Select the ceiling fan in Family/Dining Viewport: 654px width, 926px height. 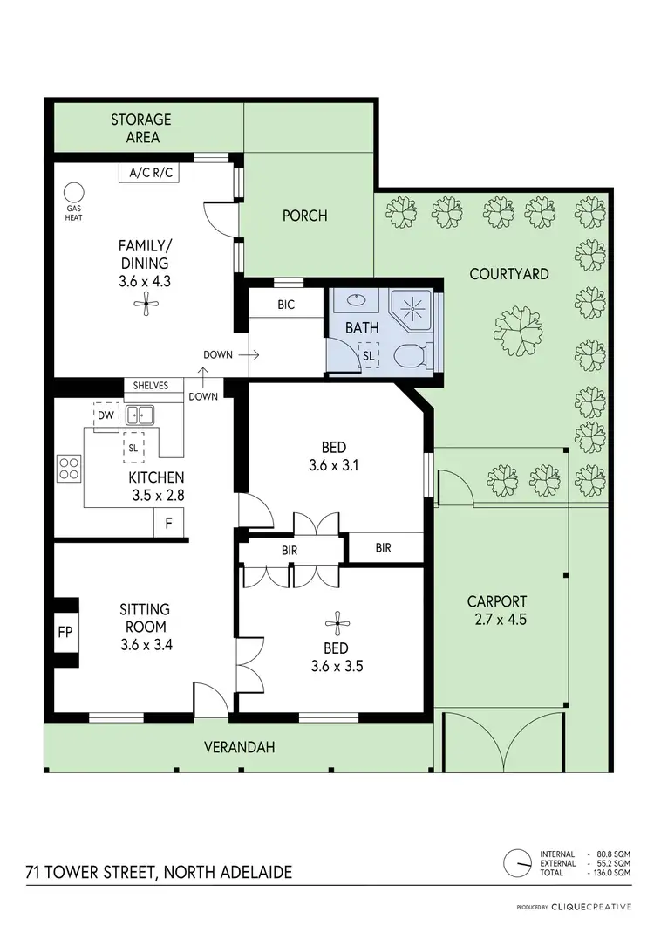(145, 304)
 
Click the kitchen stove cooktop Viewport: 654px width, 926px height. (70, 469)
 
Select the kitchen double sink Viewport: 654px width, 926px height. (140, 415)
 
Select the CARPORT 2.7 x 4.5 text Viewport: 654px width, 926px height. (496, 610)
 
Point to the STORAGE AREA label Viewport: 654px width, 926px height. (140, 128)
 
